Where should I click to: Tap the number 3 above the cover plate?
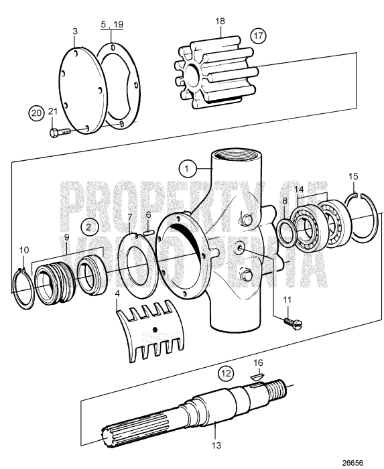click(x=75, y=31)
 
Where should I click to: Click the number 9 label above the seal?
click(x=66, y=237)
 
